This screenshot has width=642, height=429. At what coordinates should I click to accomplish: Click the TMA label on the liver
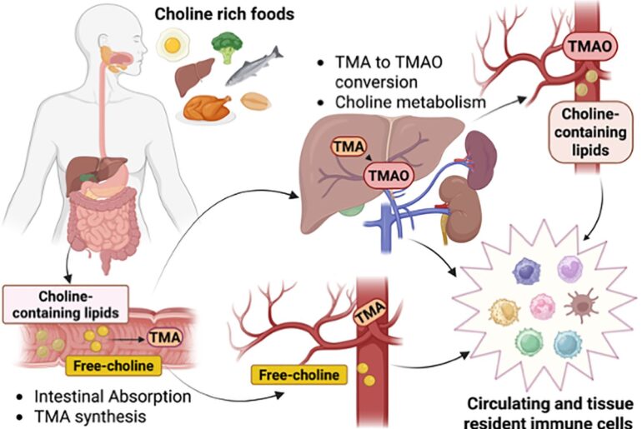(x=347, y=147)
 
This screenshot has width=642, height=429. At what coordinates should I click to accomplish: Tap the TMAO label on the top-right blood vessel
(x=589, y=47)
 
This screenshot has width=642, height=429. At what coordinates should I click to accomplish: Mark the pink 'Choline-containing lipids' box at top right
(x=589, y=132)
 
